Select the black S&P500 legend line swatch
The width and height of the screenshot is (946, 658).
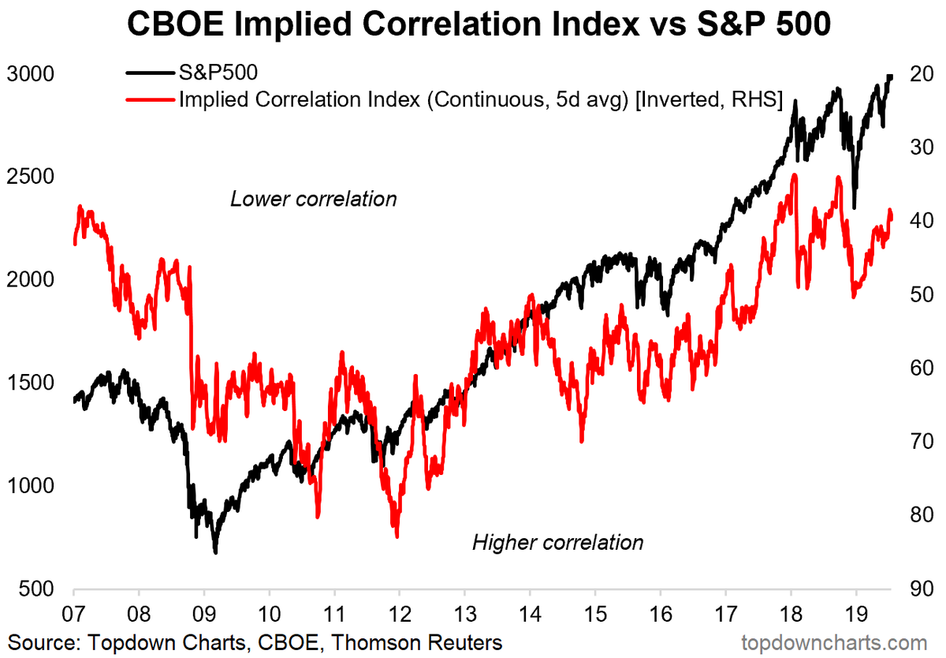point(150,73)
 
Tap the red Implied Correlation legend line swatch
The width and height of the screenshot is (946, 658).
point(150,100)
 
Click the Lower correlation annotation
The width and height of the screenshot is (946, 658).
point(313,199)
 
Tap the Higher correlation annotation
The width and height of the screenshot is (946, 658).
point(557,543)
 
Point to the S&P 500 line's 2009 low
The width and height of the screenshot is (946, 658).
point(214,551)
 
